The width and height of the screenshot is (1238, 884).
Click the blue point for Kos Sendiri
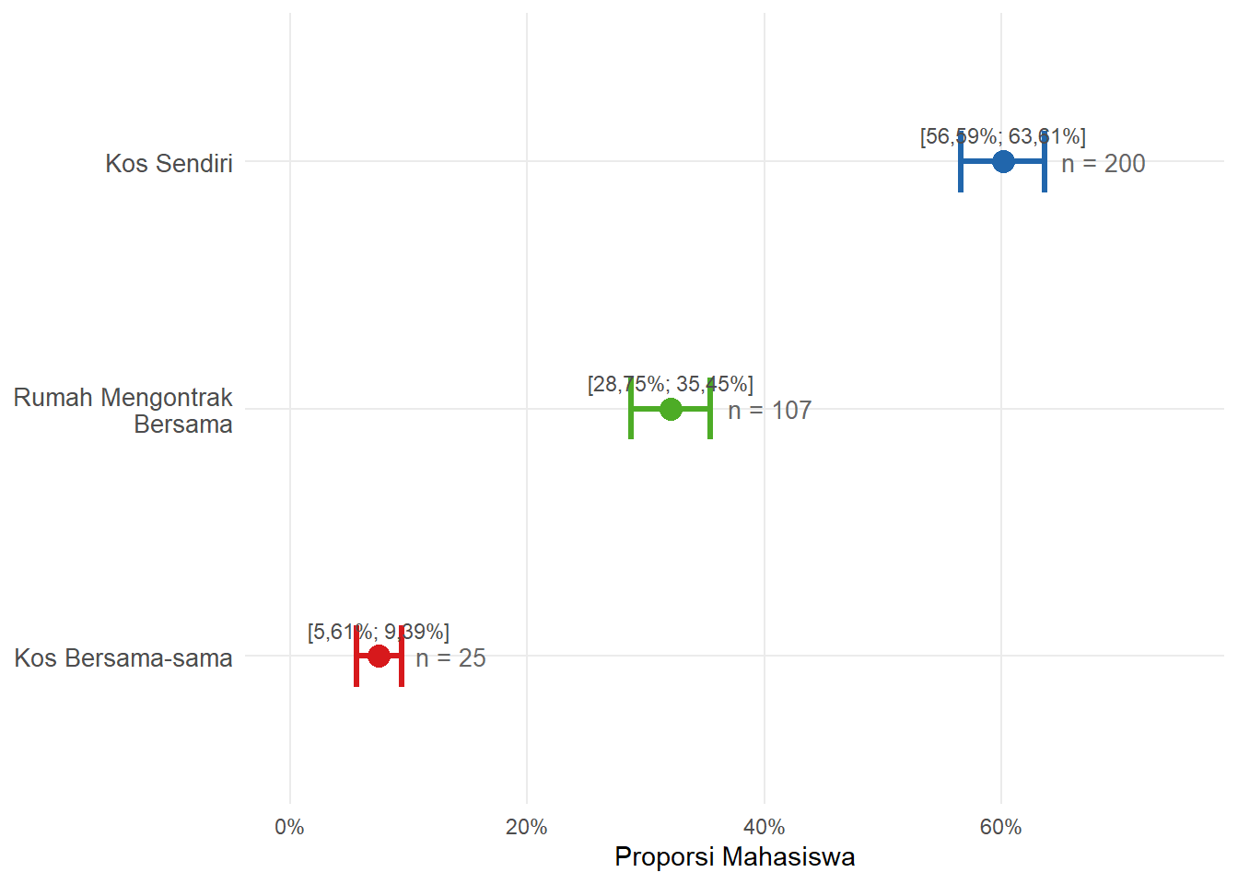coord(1003,162)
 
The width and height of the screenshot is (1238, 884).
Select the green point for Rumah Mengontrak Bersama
coord(671,409)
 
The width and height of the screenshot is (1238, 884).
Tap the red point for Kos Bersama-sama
coord(379,657)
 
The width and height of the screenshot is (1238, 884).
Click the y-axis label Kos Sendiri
coord(169,164)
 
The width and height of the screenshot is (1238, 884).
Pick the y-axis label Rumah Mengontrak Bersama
coord(123,411)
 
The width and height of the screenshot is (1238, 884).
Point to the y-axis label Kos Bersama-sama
coord(123,658)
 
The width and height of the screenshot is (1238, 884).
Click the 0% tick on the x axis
coord(289,827)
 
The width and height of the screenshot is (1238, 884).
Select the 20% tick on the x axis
coord(526,827)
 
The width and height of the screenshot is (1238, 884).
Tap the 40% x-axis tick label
coord(764,827)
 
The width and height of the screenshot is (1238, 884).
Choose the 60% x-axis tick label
coord(1000,827)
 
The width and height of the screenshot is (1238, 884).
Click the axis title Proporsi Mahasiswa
coord(734,857)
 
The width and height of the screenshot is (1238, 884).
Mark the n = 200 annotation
coord(1104,164)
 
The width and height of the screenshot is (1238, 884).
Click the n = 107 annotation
coord(770,411)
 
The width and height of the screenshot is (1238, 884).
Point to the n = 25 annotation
coord(450,658)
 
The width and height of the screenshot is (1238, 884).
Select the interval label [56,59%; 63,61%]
coord(1002,136)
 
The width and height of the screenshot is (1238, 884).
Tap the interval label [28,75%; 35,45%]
coord(670,384)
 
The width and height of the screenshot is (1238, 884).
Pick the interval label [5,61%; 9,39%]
coord(378,632)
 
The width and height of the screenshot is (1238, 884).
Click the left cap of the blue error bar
coord(961,162)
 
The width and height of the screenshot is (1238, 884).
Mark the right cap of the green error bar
coord(710,409)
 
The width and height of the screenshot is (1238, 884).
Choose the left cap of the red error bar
coord(356,657)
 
